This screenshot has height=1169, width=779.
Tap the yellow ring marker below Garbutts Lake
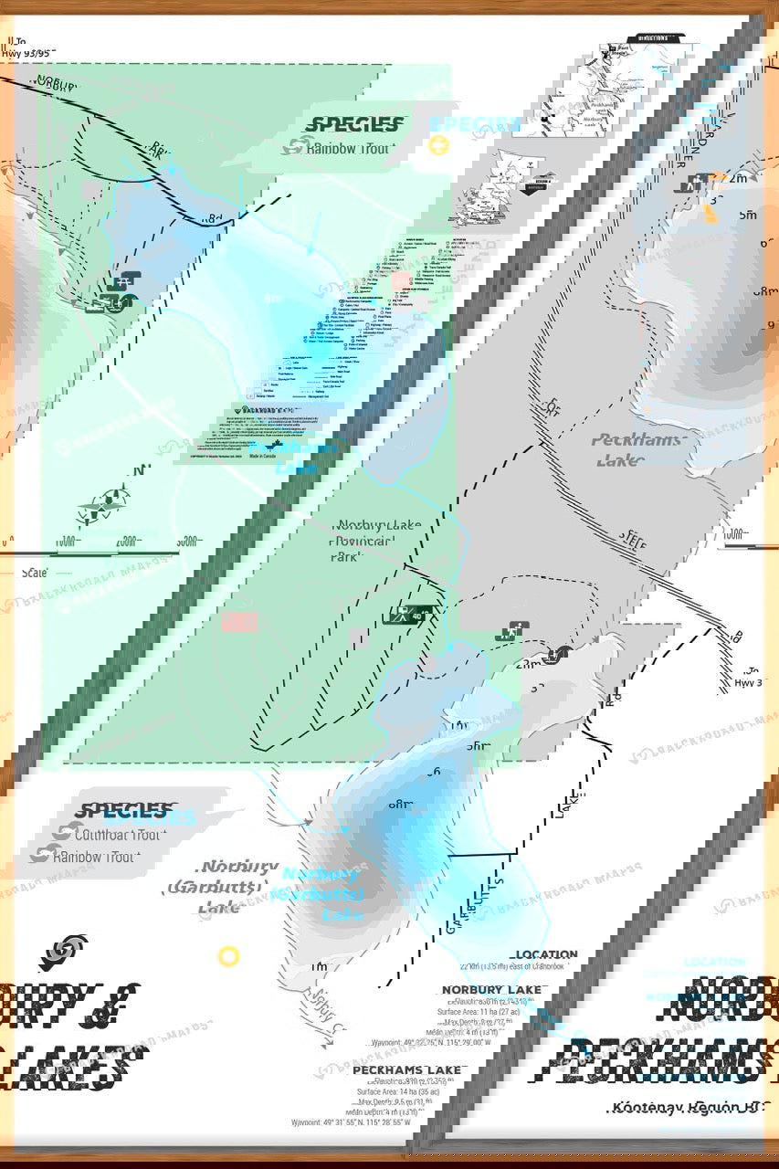click(x=228, y=956)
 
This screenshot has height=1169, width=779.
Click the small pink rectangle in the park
click(x=239, y=622)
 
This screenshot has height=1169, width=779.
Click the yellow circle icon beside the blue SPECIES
click(x=439, y=145)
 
